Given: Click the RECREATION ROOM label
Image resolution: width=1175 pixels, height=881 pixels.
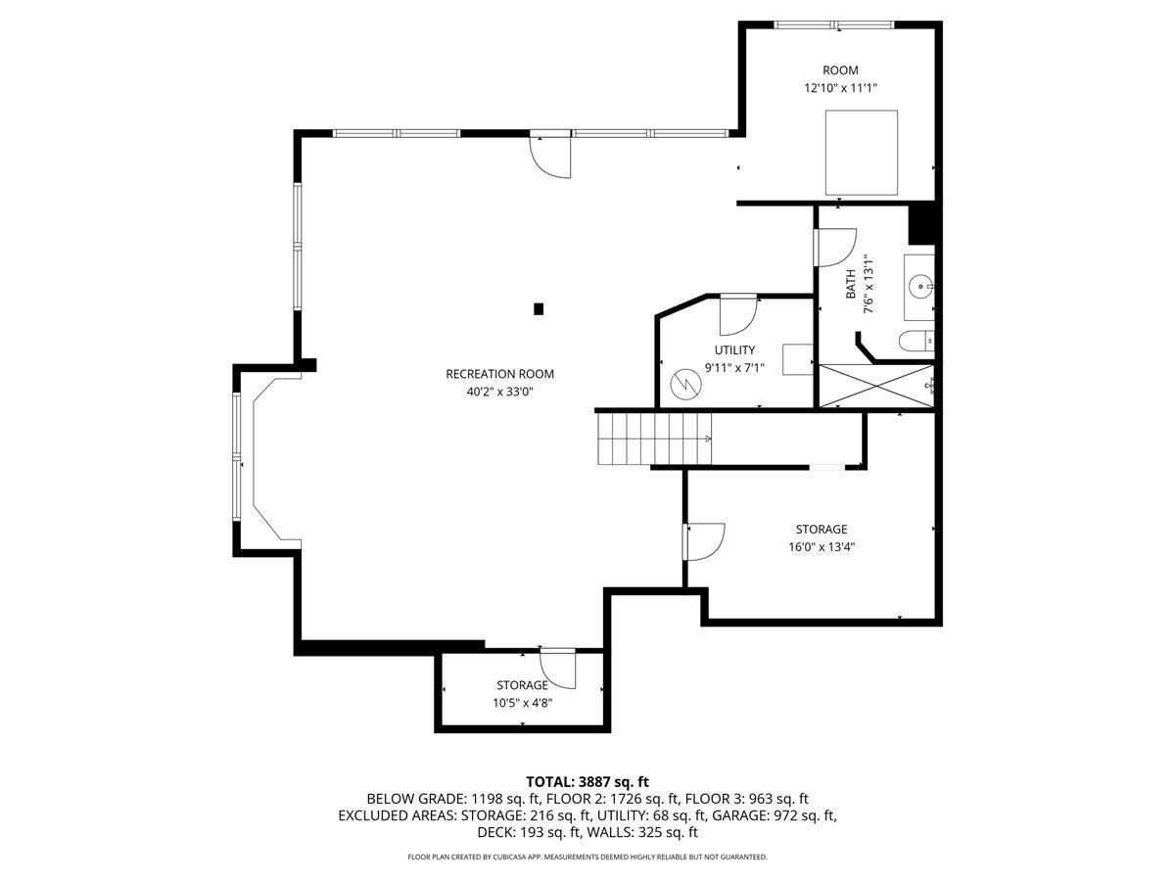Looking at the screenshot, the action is click(x=499, y=374).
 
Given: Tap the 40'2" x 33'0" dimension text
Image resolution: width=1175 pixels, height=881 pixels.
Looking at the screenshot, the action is click(x=500, y=392).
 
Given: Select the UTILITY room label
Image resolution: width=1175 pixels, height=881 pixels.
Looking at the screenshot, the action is click(x=734, y=349).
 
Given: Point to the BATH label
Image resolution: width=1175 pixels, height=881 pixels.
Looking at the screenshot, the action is click(x=850, y=284).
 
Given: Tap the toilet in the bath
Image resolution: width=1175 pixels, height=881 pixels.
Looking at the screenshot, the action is click(x=916, y=341).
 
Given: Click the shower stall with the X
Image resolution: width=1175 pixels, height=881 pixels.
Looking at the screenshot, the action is click(x=876, y=386).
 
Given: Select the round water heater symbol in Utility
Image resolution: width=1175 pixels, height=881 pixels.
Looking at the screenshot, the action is click(x=685, y=383).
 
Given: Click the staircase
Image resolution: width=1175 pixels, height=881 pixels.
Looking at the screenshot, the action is click(x=654, y=439).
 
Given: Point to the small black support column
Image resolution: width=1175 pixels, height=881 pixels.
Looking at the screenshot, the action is click(x=539, y=308).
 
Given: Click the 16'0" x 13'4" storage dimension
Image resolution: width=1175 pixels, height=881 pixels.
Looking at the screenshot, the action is click(x=822, y=546).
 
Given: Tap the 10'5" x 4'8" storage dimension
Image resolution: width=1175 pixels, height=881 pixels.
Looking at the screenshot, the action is click(x=523, y=702).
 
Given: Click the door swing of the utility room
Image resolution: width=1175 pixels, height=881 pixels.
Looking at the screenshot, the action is click(x=738, y=315).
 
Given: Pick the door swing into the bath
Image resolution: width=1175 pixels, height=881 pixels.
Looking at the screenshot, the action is click(x=836, y=247).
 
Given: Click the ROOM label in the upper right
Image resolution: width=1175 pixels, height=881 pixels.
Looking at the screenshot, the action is click(x=840, y=70).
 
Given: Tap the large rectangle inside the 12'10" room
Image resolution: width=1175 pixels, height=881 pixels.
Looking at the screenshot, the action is click(x=862, y=153).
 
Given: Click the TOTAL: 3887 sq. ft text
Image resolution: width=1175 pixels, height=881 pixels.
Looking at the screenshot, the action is click(x=587, y=781).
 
